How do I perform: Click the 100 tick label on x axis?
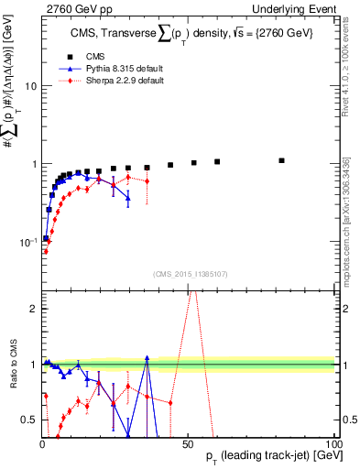pos(333,442)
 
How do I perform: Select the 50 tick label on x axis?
pos(188,442)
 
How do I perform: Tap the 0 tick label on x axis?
pos(42,442)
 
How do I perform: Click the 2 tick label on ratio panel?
pos(32,309)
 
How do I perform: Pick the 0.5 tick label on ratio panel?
pos(27,420)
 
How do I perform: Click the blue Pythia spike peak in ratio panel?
pos(147,358)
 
